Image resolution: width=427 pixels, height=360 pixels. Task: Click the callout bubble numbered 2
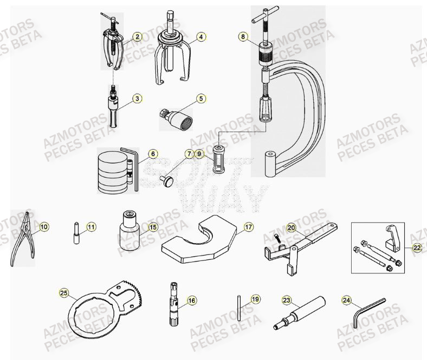(x=138, y=37)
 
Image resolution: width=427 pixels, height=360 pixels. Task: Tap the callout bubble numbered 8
(x=243, y=37)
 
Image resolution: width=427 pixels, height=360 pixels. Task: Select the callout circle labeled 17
(x=248, y=227)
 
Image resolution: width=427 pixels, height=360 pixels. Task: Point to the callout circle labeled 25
(x=64, y=294)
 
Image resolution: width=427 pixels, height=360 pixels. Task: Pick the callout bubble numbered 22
(x=416, y=247)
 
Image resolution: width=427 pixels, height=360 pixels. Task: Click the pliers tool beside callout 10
(x=22, y=239)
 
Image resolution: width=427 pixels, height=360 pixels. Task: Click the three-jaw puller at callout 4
(x=172, y=54)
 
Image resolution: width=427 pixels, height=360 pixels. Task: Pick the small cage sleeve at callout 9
(x=218, y=161)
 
